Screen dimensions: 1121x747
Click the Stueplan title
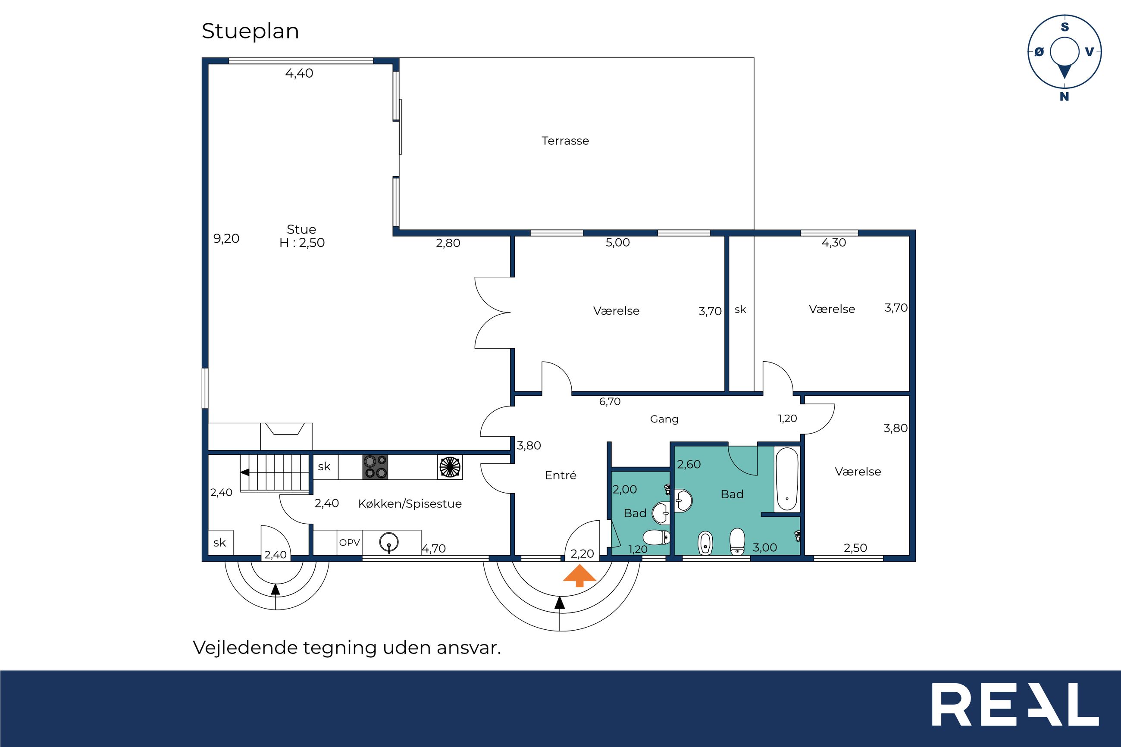click(x=250, y=31)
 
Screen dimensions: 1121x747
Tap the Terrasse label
click(x=565, y=141)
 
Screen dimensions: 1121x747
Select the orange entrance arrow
click(x=579, y=575)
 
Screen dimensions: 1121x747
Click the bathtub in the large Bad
click(x=786, y=479)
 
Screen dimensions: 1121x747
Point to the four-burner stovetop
click(x=375, y=467)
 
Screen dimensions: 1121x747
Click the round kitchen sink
click(x=389, y=542)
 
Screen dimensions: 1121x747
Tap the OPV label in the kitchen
click(x=349, y=542)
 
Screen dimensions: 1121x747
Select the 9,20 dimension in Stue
click(x=226, y=238)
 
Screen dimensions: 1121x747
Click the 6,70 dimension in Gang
click(x=610, y=402)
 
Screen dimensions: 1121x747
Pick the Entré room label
click(x=560, y=475)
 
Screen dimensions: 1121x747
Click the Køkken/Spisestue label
click(x=410, y=504)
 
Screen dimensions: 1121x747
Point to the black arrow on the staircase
click(x=244, y=472)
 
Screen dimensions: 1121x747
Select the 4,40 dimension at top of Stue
click(x=299, y=73)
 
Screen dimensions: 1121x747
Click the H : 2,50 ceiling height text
click(x=302, y=243)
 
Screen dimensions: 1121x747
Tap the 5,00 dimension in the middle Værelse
click(x=617, y=243)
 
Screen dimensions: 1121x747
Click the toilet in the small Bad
click(x=657, y=538)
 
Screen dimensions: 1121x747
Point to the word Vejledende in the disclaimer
click(x=245, y=648)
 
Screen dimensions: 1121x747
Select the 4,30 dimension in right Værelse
click(x=834, y=243)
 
